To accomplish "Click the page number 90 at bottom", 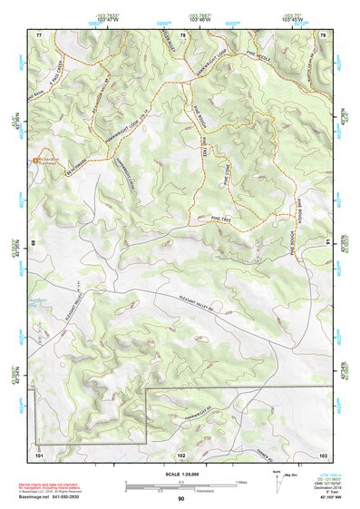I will tap(180, 498).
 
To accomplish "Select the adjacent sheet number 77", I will tap(39, 34).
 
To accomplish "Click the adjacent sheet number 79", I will tap(322, 34).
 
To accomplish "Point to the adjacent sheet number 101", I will tap(39, 453).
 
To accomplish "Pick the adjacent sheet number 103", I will tap(322, 453).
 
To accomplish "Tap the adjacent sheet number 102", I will tap(180, 453).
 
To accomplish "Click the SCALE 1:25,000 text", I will tap(180, 473).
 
